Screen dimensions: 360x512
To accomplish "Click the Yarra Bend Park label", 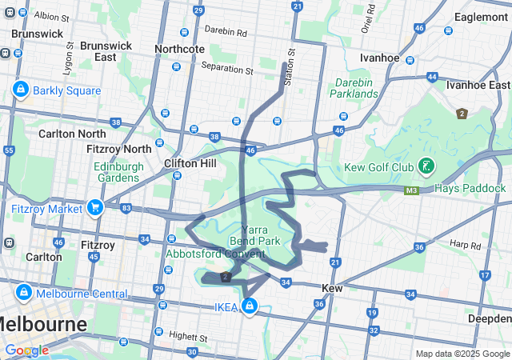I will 254,234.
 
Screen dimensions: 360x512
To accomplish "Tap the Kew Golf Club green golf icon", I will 428,166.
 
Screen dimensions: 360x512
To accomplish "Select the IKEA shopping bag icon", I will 250,306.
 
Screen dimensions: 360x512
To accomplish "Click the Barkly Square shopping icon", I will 20,90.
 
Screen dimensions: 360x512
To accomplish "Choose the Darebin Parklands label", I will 353,88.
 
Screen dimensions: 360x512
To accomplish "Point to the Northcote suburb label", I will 179,49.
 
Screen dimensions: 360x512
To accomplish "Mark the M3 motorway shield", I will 412,190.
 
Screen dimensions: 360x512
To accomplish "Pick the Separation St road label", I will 227,69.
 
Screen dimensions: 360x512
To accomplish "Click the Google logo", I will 26,350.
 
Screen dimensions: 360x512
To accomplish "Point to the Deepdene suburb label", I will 489,319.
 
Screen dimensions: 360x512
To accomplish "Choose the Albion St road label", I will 52,15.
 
